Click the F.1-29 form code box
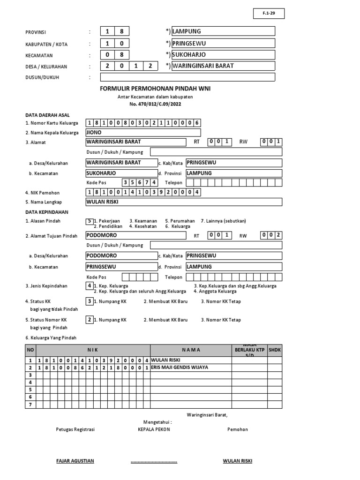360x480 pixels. pyautogui.click(x=269, y=14)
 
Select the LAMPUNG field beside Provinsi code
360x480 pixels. pyautogui.click(x=223, y=31)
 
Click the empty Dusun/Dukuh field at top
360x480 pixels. pyautogui.click(x=187, y=77)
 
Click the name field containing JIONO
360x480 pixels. pyautogui.click(x=143, y=133)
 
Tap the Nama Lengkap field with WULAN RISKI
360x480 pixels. pyautogui.click(x=184, y=202)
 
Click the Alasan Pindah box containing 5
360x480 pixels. pyautogui.click(x=89, y=221)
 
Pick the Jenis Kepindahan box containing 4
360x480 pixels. pyautogui.click(x=89, y=285)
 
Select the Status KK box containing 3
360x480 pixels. pyautogui.click(x=89, y=301)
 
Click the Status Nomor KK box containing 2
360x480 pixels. pyautogui.click(x=89, y=320)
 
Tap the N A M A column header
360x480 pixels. pyautogui.click(x=191, y=350)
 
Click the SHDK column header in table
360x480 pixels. pyautogui.click(x=274, y=350)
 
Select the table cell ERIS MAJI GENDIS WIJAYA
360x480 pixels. pyautogui.click(x=191, y=367)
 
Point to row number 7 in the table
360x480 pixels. pyautogui.click(x=30, y=405)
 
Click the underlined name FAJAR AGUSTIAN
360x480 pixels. pyautogui.click(x=75, y=461)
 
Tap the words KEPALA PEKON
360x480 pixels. pyautogui.click(x=154, y=429)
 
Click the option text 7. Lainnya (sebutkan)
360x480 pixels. pyautogui.click(x=223, y=221)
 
